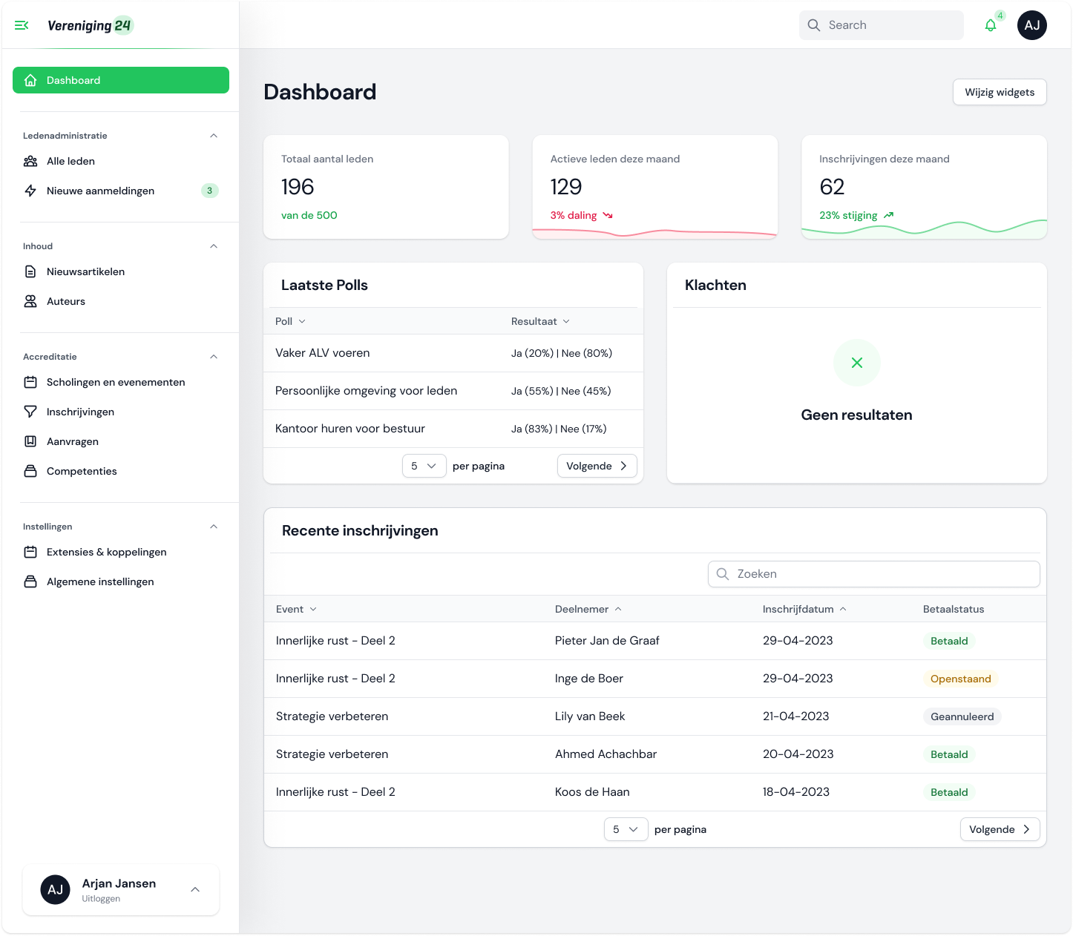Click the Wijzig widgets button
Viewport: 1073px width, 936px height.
pyautogui.click(x=1000, y=92)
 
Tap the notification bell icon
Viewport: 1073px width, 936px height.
pyautogui.click(x=991, y=25)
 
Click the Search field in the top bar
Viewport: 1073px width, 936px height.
pyautogui.click(x=882, y=25)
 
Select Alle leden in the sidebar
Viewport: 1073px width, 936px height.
pyautogui.click(x=70, y=161)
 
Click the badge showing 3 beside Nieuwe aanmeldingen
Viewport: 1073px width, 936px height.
pyautogui.click(x=209, y=191)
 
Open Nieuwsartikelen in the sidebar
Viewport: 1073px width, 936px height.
pyautogui.click(x=85, y=271)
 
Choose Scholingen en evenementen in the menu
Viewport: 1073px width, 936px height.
pyautogui.click(x=116, y=382)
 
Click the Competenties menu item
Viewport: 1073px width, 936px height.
pyautogui.click(x=82, y=471)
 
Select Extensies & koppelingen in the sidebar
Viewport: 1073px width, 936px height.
pyautogui.click(x=106, y=552)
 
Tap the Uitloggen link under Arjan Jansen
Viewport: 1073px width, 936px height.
pyautogui.click(x=101, y=899)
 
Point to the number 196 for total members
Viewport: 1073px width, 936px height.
pyautogui.click(x=298, y=187)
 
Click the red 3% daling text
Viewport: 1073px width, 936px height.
pyautogui.click(x=574, y=215)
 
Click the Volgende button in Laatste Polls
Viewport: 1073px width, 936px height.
pyautogui.click(x=597, y=466)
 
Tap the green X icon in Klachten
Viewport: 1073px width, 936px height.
pyautogui.click(x=857, y=363)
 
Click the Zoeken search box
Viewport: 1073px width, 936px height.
pyautogui.click(x=874, y=574)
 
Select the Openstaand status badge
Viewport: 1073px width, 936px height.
pyautogui.click(x=960, y=679)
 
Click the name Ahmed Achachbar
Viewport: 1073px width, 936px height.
pyautogui.click(x=606, y=754)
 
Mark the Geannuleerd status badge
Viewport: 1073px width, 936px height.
pyautogui.click(x=962, y=716)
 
